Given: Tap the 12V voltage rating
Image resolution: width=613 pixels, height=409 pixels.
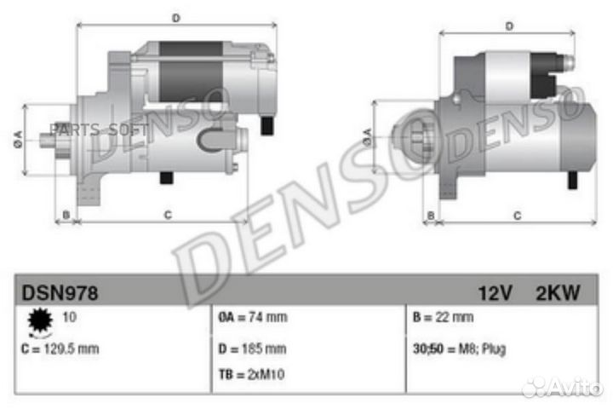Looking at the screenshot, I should pos(495,293).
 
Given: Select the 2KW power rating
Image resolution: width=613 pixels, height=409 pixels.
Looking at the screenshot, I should pos(559,293).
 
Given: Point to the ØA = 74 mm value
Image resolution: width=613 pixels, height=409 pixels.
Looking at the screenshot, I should pos(252,318).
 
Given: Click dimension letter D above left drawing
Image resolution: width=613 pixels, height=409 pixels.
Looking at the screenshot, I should pos(176,18).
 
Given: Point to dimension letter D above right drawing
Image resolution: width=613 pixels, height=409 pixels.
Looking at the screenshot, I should pos(508,26).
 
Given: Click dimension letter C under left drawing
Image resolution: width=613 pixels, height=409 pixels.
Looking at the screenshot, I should pos(168,215).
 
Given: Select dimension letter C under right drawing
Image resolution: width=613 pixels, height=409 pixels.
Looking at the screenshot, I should pos(516,216).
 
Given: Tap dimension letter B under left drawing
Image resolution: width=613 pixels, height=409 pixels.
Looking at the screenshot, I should pos(66,215).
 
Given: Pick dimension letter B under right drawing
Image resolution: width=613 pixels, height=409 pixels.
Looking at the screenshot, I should pos(431,216).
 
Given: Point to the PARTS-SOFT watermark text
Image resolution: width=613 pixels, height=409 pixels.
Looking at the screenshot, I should pos(95,129).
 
